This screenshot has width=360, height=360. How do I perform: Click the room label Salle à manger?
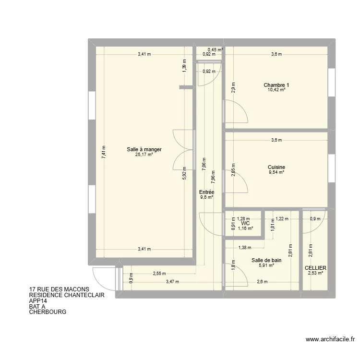point(144,149)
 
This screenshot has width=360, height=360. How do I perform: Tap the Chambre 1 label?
point(276,85)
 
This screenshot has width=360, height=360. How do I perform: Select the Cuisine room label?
point(276,167)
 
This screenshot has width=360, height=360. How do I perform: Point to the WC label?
point(245,223)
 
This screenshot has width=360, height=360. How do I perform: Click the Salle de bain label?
point(266,260)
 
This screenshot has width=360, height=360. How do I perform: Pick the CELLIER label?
point(315,268)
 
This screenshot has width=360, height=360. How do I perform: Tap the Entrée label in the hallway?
point(206,192)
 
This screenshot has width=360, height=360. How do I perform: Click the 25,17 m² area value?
point(144,155)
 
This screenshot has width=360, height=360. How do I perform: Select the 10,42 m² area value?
point(276,90)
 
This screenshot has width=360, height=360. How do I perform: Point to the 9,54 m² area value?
point(276,172)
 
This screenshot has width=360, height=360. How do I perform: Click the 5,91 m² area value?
point(266,265)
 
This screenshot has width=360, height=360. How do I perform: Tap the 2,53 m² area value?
point(315,273)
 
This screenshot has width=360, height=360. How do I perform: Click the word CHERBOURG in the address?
point(48,312)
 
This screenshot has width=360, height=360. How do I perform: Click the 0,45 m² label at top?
point(215,49)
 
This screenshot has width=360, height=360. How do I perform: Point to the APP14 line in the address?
point(39,300)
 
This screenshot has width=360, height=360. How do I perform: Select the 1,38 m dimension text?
point(245,247)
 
